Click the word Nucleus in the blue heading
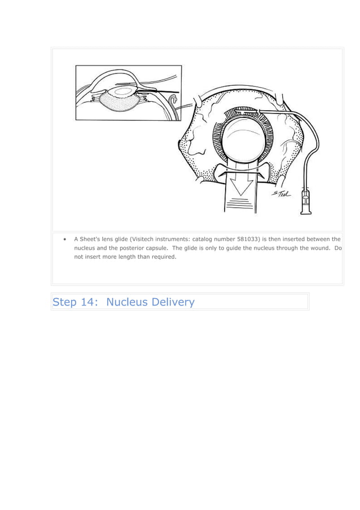click(125, 302)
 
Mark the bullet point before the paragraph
click(67, 239)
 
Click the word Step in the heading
click(64, 302)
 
